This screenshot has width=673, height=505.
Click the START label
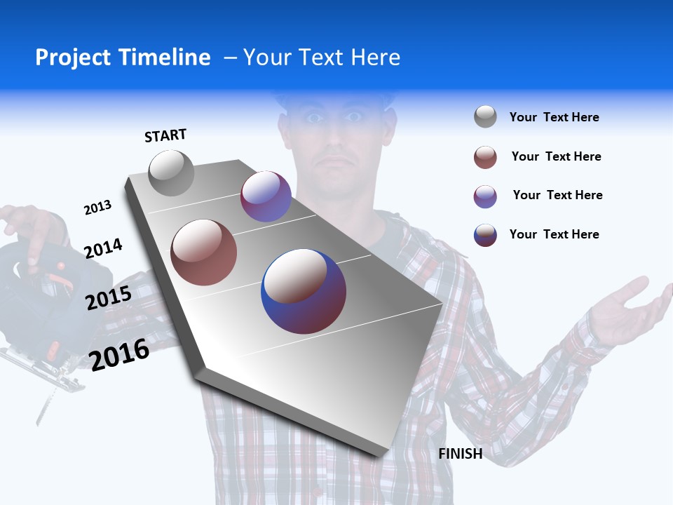point(165,135)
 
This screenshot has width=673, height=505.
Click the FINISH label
point(461,454)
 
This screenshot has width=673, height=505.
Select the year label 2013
point(97,208)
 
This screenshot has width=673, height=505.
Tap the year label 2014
point(103,248)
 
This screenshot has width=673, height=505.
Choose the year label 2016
point(119,354)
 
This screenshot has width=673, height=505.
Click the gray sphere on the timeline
point(172,173)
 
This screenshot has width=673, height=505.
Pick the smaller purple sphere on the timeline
point(266,196)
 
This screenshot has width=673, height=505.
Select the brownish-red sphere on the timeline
point(204,252)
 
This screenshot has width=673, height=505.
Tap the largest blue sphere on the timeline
point(304,291)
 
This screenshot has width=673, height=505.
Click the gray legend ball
point(485,117)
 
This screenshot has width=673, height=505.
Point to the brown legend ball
point(485,157)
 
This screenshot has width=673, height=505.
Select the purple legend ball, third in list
point(485,196)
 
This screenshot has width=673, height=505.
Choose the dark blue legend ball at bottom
point(485,235)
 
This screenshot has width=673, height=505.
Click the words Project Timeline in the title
point(123,58)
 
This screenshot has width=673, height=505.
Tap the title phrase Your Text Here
point(321,58)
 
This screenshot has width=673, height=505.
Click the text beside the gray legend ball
point(554,118)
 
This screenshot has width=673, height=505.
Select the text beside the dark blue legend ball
point(554,234)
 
